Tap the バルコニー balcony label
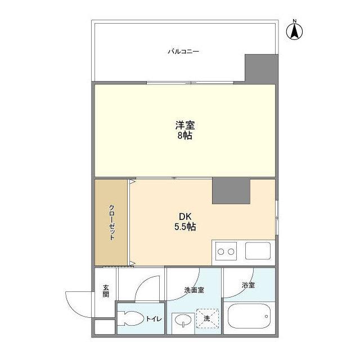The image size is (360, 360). pyautogui.click(x=183, y=52)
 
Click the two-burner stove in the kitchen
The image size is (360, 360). pyautogui.click(x=225, y=250)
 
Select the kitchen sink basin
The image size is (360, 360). pyautogui.click(x=258, y=251)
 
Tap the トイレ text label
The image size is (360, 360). pyautogui.click(x=154, y=319)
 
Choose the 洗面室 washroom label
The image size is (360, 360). pyautogui.click(x=193, y=291)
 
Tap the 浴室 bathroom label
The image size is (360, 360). pyautogui.click(x=249, y=285)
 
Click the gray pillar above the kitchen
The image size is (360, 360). pyautogui.click(x=231, y=191)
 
